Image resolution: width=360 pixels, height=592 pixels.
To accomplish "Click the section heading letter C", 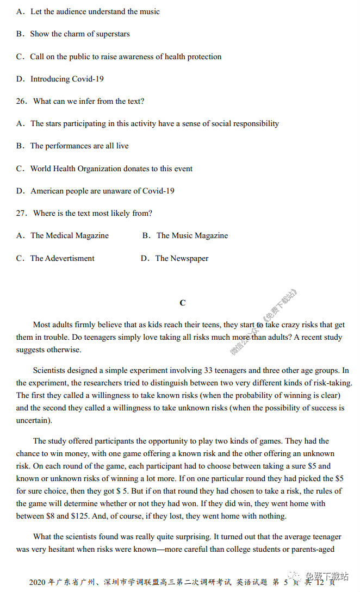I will (183, 303).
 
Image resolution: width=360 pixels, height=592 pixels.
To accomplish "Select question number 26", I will (21, 101).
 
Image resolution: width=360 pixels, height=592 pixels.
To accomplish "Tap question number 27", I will (21, 213).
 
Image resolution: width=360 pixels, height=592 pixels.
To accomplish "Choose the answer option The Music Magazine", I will (192, 235).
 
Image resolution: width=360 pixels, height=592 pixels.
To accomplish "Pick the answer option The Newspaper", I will (182, 258).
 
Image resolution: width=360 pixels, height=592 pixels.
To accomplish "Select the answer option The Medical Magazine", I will (70, 235).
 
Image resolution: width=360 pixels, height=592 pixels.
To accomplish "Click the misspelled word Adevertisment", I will (70, 258).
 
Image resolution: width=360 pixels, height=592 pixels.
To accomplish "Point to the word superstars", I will (111, 34).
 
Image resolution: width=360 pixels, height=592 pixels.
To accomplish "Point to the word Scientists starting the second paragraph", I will (52, 370).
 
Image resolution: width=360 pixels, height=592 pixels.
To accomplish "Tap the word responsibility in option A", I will (253, 123).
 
